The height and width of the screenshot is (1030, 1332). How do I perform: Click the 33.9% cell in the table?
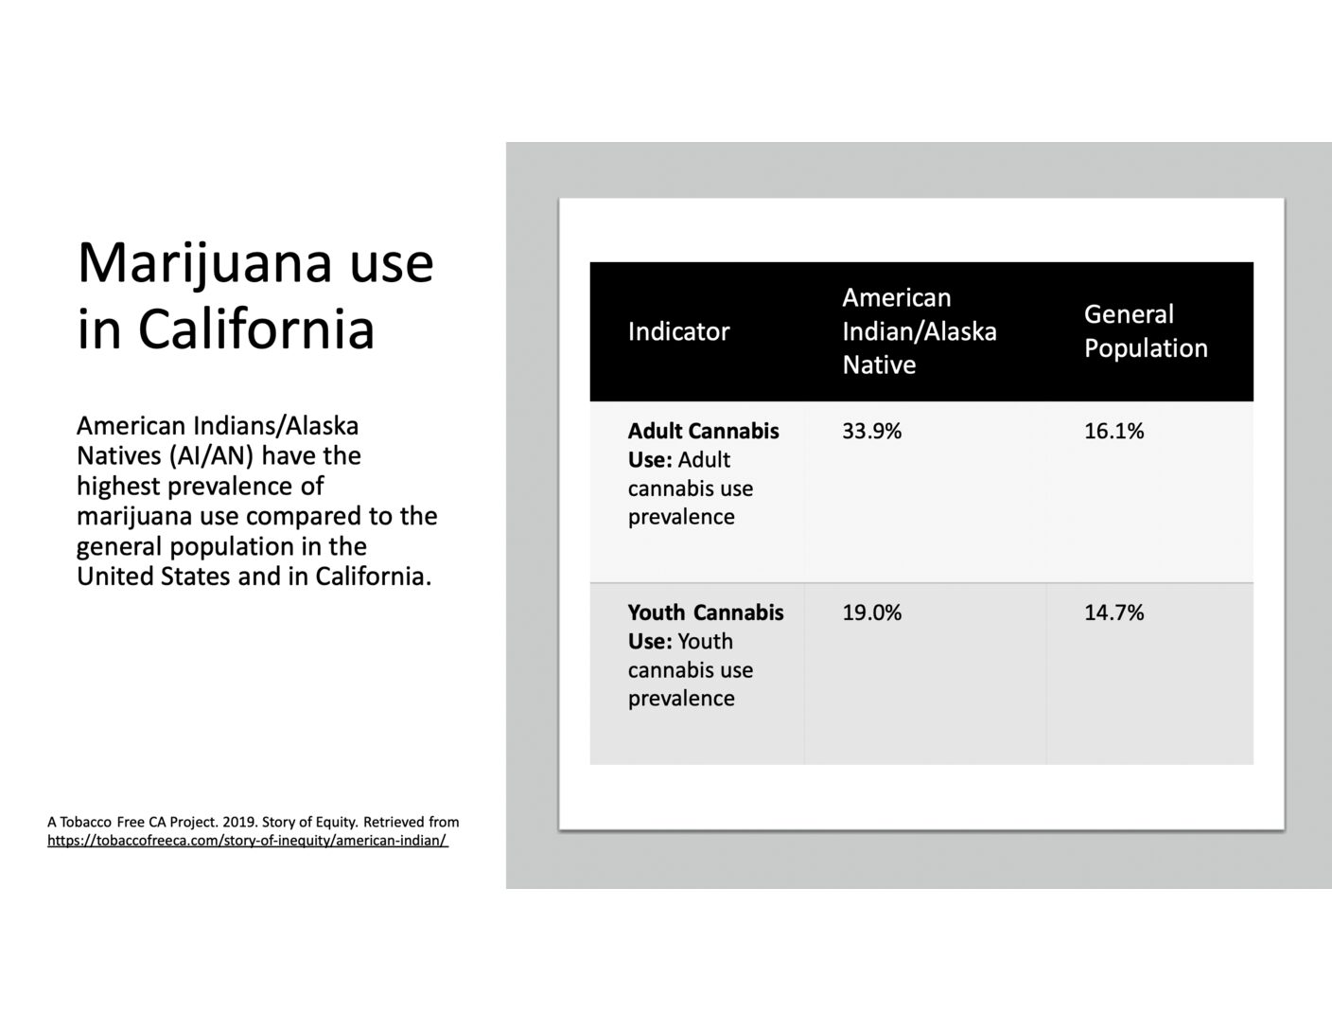pyautogui.click(x=871, y=432)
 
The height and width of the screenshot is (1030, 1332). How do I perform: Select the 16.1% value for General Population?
pyautogui.click(x=1113, y=432)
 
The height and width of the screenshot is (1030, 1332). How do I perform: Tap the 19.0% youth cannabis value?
pyautogui.click(x=871, y=613)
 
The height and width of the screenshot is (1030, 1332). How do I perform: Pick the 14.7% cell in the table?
pyautogui.click(x=1113, y=613)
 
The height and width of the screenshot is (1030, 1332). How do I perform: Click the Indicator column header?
pyautogui.click(x=678, y=332)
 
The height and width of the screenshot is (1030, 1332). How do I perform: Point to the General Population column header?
pyautogui.click(x=1146, y=331)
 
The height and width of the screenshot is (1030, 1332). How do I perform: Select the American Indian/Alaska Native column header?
pyautogui.click(x=920, y=331)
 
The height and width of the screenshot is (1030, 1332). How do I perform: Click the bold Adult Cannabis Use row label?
pyautogui.click(x=703, y=445)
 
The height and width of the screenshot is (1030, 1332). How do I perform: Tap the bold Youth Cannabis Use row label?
pyautogui.click(x=706, y=627)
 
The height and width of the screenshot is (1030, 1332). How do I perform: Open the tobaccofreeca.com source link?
pyautogui.click(x=248, y=841)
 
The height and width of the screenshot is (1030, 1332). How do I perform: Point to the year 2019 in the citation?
pyautogui.click(x=237, y=822)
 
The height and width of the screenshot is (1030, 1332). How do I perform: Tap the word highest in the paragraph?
pyautogui.click(x=117, y=487)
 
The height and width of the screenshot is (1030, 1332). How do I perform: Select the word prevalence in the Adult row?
pyautogui.click(x=681, y=518)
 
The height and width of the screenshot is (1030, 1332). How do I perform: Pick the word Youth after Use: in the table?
pyautogui.click(x=706, y=641)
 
